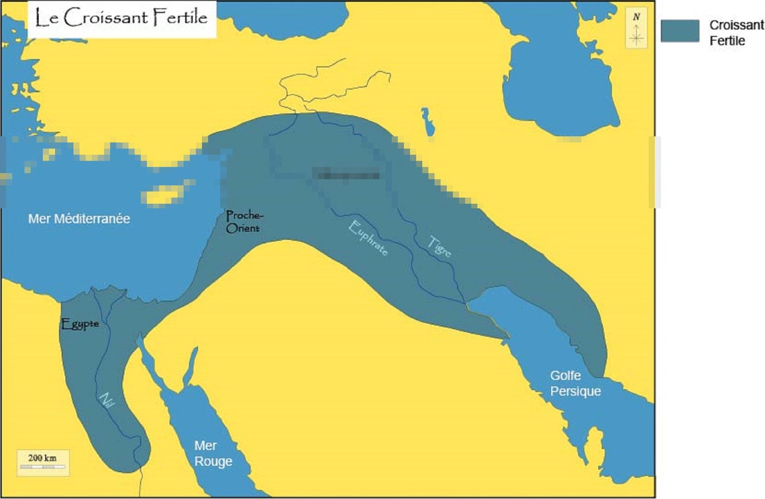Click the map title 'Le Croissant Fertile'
121,18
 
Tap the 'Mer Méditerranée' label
79,219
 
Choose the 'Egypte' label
80,324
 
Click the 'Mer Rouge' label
213,453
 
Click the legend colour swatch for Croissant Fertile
680,31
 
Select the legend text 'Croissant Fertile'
736,32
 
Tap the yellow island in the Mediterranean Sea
166,193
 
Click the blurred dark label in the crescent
346,175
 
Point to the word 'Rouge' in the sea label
213,461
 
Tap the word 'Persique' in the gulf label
575,391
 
